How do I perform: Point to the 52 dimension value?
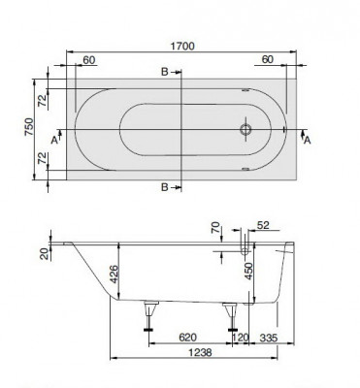263,226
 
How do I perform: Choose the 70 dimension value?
216,231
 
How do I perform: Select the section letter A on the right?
308,141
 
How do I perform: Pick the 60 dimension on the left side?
89,61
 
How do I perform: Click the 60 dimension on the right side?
268,61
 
